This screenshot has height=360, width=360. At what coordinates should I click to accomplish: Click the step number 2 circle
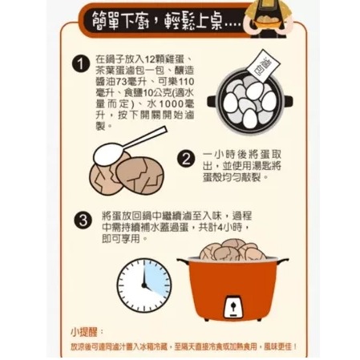click(186, 159)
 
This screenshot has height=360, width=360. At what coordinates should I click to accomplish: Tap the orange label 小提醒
click(82, 330)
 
